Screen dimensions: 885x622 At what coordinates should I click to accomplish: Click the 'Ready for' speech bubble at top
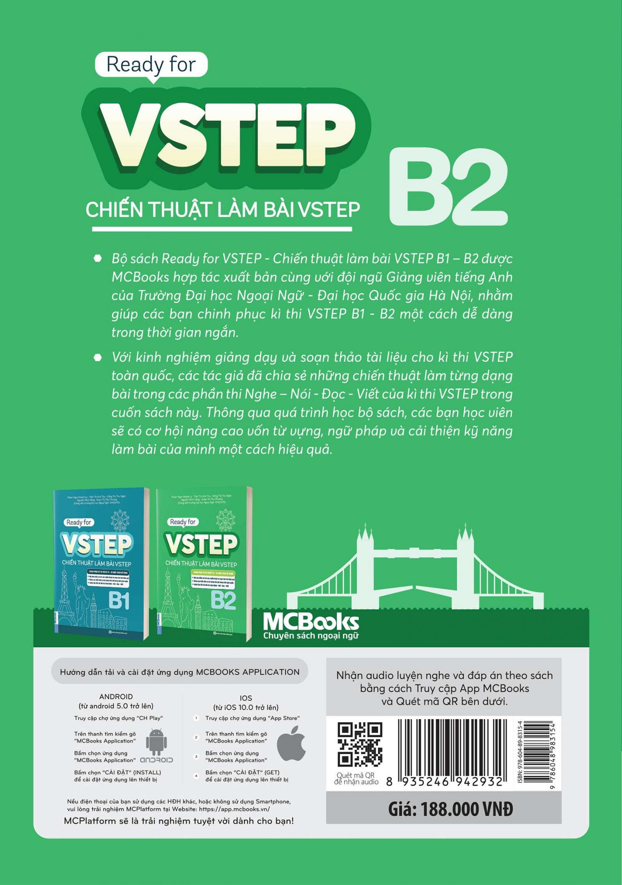(151, 65)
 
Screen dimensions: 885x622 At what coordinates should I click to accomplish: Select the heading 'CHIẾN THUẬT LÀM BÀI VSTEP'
(222, 210)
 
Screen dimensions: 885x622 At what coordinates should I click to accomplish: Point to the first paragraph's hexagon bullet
(98, 259)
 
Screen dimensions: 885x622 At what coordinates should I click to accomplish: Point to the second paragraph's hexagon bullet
(98, 357)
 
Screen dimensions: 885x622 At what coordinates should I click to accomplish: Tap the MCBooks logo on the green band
(311, 625)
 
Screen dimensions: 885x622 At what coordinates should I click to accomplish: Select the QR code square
(360, 745)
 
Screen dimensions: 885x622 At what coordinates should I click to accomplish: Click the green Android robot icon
(156, 742)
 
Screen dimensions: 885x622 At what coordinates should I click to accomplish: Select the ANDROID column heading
(116, 697)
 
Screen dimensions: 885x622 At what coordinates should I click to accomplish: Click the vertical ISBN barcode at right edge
(540, 752)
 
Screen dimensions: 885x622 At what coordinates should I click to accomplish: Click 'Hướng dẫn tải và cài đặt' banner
(179, 672)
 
